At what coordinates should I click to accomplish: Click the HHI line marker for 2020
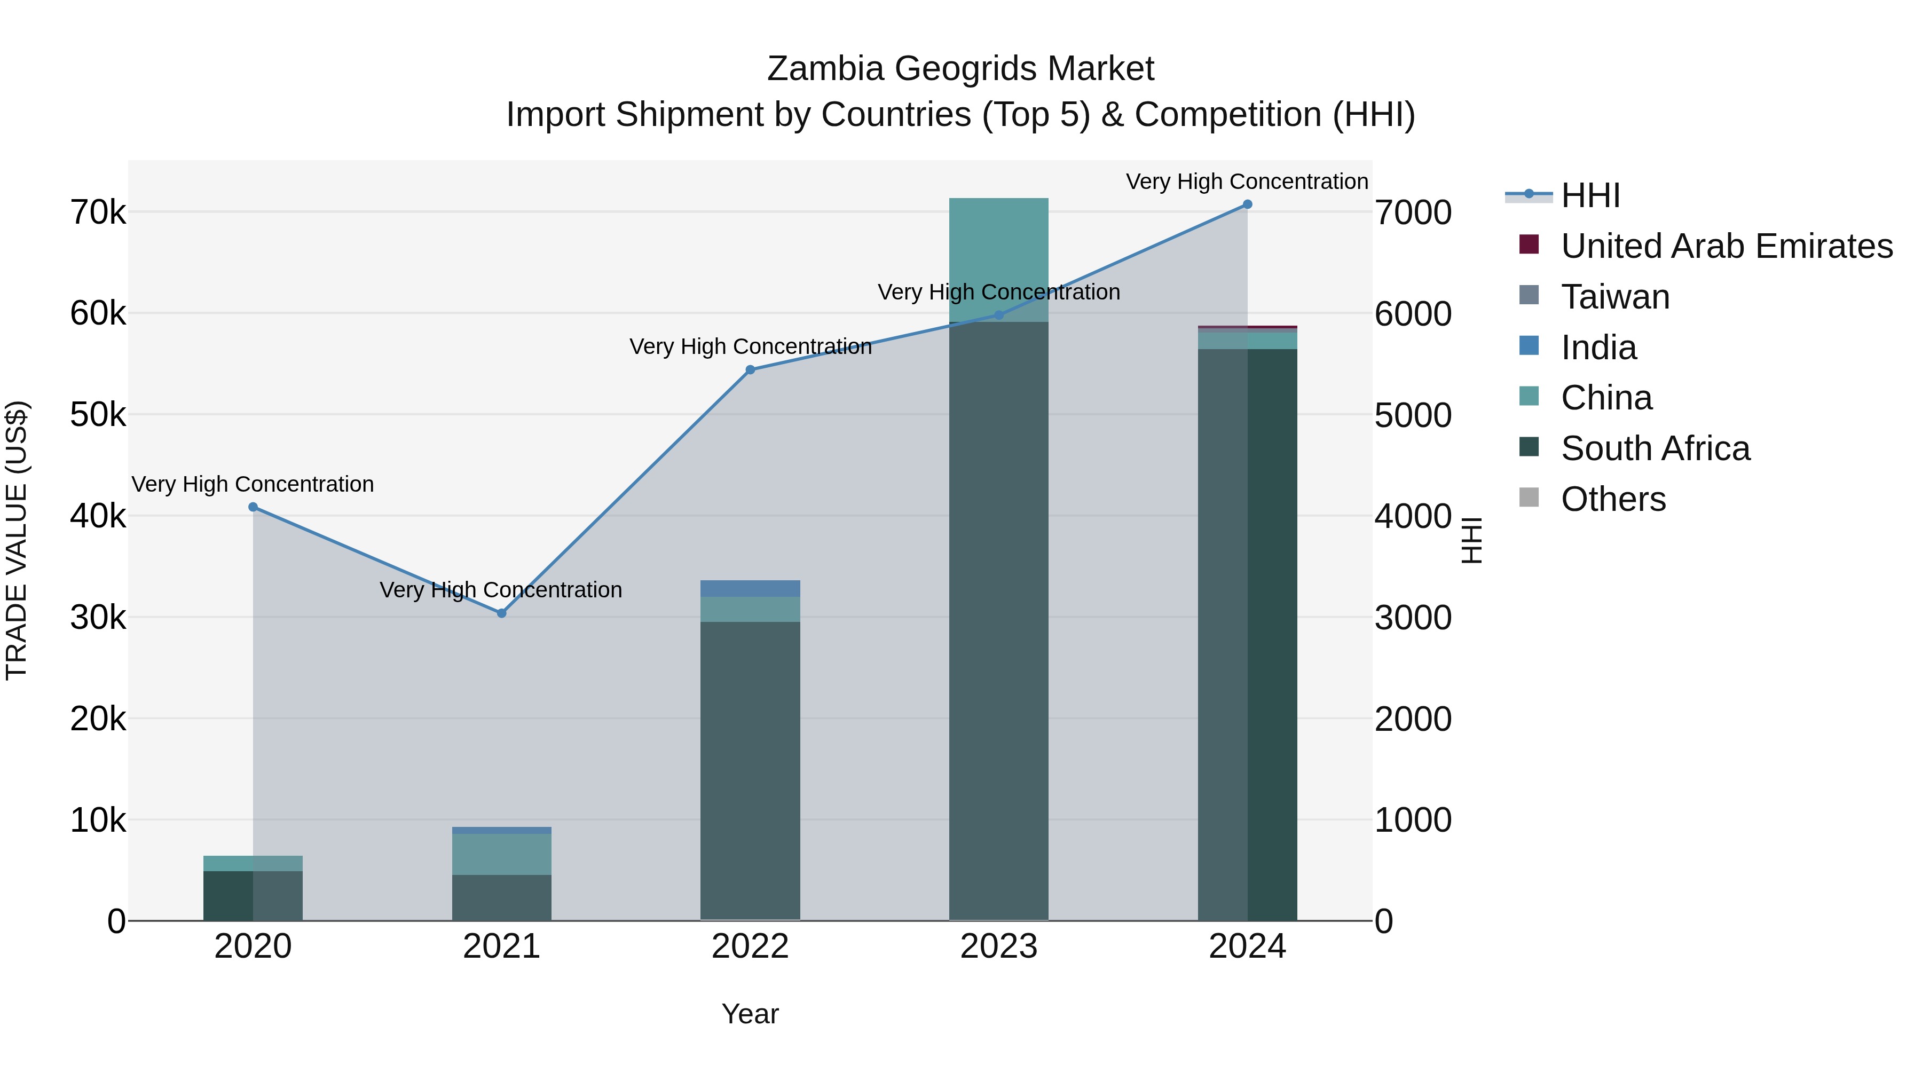coord(253,507)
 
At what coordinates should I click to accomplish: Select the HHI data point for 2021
coord(501,613)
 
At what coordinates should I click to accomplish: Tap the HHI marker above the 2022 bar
coord(751,370)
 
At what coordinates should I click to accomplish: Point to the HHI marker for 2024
coord(1248,204)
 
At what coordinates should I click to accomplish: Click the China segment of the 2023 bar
coord(998,254)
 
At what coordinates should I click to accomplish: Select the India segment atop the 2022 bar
coord(750,589)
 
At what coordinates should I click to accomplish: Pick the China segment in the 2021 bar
coord(501,854)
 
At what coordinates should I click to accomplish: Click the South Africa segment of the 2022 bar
coord(750,768)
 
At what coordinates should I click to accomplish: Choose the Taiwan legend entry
coord(1616,297)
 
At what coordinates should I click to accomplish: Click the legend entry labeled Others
coord(1613,499)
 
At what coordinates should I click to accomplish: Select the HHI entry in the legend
coord(1590,195)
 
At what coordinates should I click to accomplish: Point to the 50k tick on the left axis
coord(98,415)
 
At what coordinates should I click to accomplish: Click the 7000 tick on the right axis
coord(1412,212)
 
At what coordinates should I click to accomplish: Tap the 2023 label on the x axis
coord(998,946)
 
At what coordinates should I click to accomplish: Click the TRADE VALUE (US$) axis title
coord(17,540)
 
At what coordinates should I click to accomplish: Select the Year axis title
coord(750,1014)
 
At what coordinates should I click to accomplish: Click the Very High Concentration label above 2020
coord(253,484)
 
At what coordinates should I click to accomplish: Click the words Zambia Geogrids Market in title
coord(960,69)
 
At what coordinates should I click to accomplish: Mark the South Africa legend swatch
coord(1529,448)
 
